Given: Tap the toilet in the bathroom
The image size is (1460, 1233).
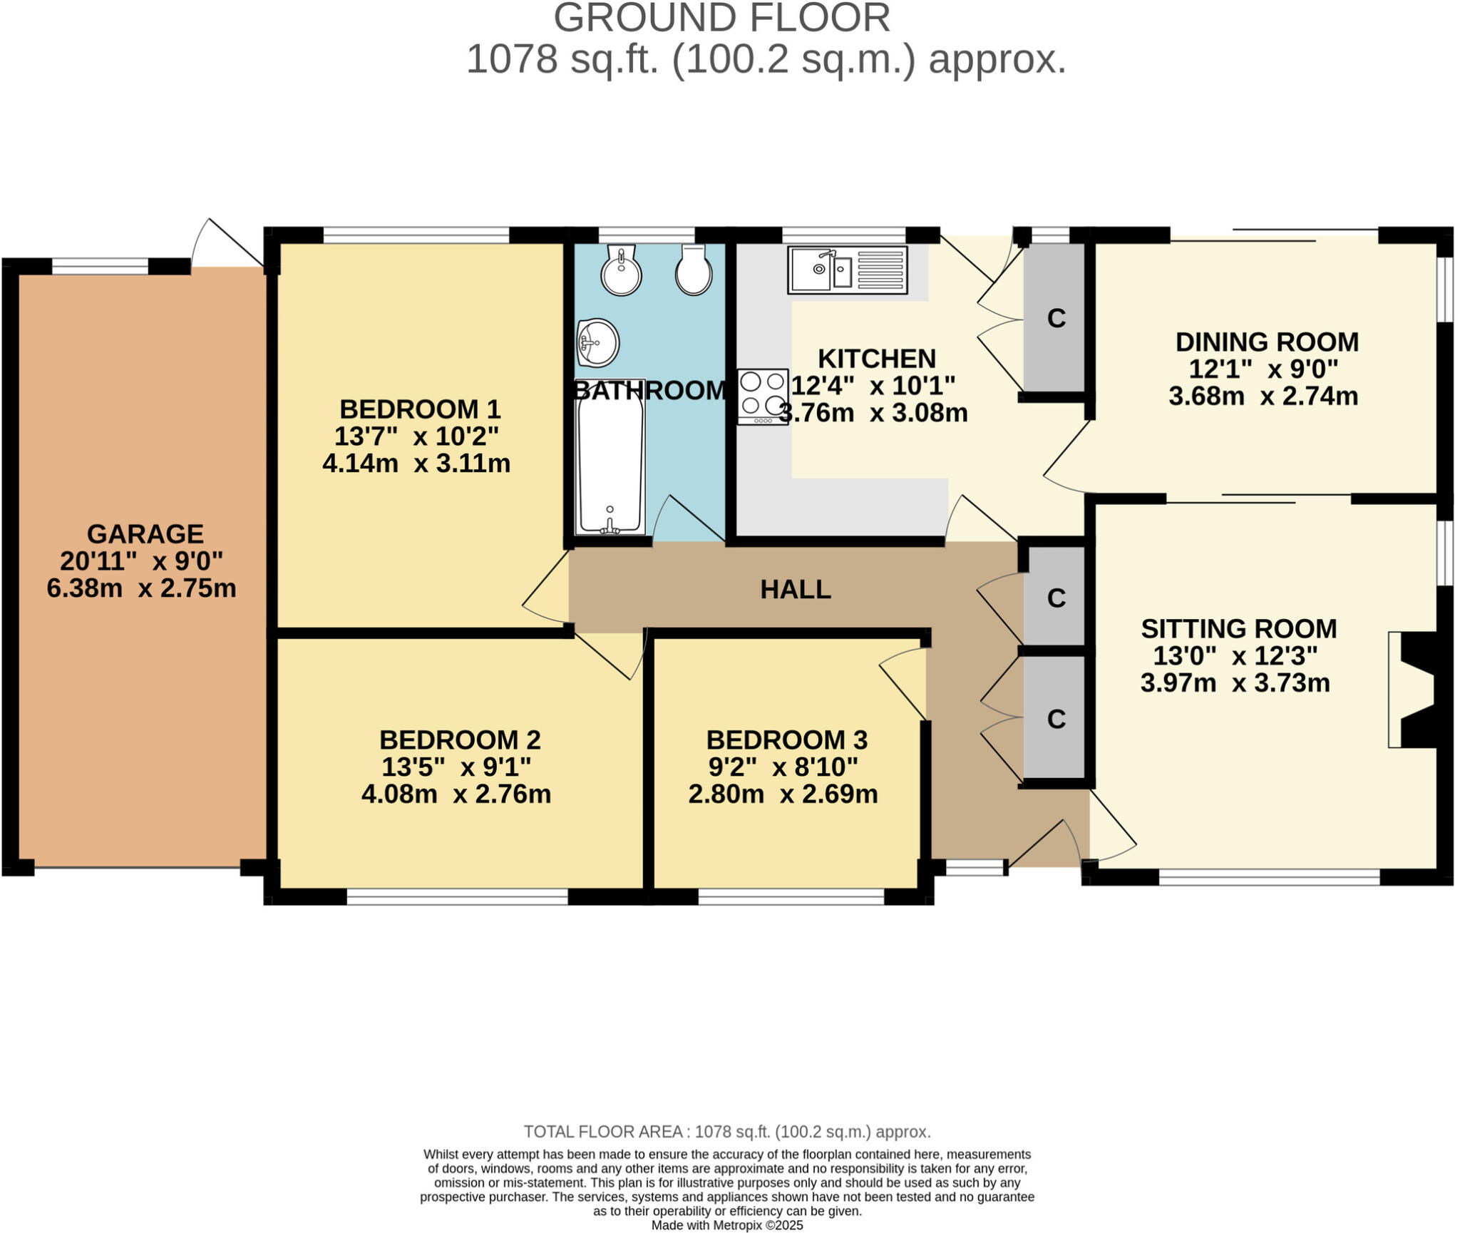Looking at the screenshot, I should pyautogui.click(x=693, y=271).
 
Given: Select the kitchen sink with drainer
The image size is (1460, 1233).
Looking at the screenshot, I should pyautogui.click(x=847, y=270).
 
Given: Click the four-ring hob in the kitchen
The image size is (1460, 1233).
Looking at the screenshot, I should pyautogui.click(x=762, y=396).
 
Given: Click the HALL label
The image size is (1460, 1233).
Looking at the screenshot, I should pyautogui.click(x=795, y=589).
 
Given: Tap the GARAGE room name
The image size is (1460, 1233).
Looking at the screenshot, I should pyautogui.click(x=145, y=533).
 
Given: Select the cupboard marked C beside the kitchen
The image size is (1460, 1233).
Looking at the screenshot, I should pyautogui.click(x=1056, y=318).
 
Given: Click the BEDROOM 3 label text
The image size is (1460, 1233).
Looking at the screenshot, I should pyautogui.click(x=786, y=740).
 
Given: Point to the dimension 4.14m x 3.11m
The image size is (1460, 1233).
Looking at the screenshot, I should pyautogui.click(x=416, y=464).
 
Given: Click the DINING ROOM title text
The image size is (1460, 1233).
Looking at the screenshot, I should pyautogui.click(x=1266, y=342).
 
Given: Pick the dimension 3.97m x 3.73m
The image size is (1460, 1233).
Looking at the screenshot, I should pyautogui.click(x=1235, y=682).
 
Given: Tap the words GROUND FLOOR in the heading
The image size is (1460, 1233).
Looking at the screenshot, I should pyautogui.click(x=721, y=18).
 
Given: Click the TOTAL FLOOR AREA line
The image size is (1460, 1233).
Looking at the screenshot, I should pyautogui.click(x=726, y=1131).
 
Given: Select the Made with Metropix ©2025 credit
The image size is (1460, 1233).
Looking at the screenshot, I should pyautogui.click(x=726, y=1225).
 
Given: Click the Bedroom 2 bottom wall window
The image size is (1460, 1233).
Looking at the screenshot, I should pyautogui.click(x=457, y=896).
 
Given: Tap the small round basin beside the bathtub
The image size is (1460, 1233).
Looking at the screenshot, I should pyautogui.click(x=598, y=342).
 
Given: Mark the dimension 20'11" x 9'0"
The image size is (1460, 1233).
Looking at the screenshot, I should pyautogui.click(x=141, y=561).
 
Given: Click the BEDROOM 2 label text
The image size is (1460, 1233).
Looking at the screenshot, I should pyautogui.click(x=459, y=740).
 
